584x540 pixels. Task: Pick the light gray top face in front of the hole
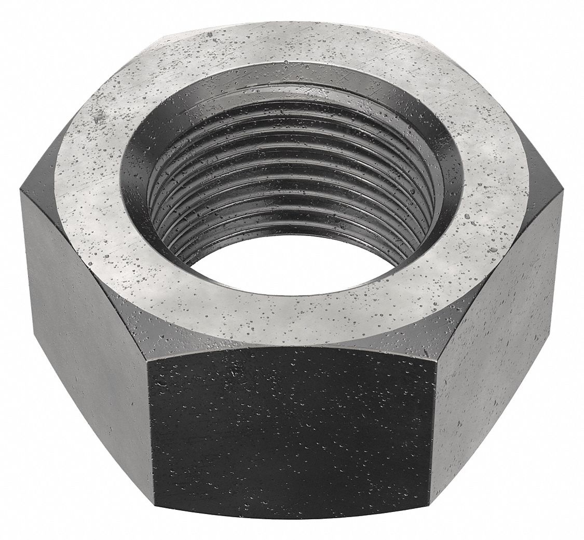pos(291,316)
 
